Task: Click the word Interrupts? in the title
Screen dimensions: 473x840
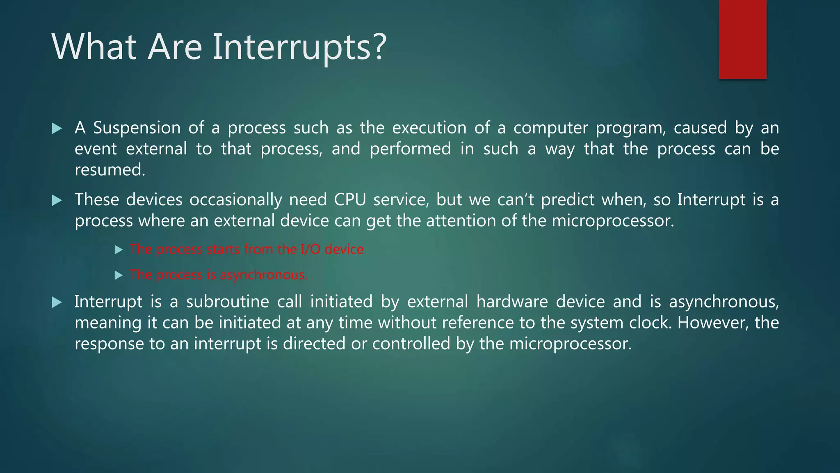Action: (x=299, y=47)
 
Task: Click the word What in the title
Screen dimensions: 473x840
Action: (x=94, y=47)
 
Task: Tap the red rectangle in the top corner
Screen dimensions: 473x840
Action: (x=742, y=39)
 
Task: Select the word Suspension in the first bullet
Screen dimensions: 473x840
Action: (x=137, y=128)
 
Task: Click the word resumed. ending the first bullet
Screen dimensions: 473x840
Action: (x=110, y=170)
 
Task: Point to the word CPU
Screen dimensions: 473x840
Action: (x=349, y=200)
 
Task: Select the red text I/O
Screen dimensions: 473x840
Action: (x=310, y=249)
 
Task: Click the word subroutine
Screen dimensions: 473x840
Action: (x=227, y=302)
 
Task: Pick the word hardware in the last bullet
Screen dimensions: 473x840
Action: (x=512, y=302)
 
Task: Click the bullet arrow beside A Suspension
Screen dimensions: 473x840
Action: (x=57, y=129)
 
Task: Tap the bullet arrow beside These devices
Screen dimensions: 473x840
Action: (x=57, y=200)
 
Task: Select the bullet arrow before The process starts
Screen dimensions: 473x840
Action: (x=119, y=250)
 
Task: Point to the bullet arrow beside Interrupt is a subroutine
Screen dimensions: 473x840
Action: (x=57, y=303)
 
